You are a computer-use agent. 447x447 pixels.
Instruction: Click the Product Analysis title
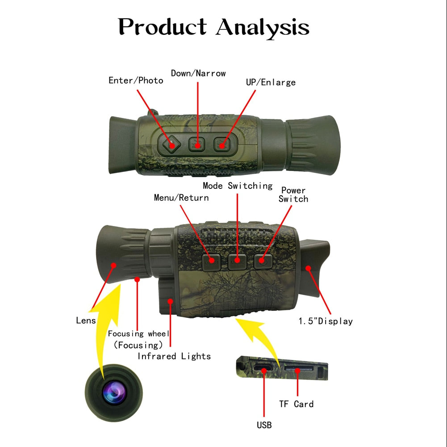pyautogui.click(x=214, y=27)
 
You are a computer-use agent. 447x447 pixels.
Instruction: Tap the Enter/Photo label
pyautogui.click(x=136, y=80)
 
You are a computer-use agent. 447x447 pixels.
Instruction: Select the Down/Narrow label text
pyautogui.click(x=198, y=73)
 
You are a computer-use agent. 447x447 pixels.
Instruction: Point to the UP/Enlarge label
pyautogui.click(x=271, y=82)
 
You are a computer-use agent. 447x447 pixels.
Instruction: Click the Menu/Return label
pyautogui.click(x=181, y=197)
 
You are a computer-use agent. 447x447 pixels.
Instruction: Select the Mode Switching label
pyautogui.click(x=238, y=185)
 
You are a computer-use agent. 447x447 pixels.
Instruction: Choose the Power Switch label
pyautogui.click(x=293, y=195)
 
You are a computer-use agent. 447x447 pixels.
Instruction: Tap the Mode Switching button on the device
pyautogui.click(x=237, y=260)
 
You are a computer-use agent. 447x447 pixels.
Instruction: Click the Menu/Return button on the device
pyautogui.click(x=211, y=261)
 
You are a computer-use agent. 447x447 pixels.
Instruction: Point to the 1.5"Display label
pyautogui.click(x=326, y=321)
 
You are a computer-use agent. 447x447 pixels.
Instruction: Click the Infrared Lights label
pyautogui.click(x=174, y=356)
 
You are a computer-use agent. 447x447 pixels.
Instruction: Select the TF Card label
pyautogui.click(x=297, y=404)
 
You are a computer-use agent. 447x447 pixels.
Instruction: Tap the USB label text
pyautogui.click(x=264, y=425)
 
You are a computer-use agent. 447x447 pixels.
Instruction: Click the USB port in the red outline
pyautogui.click(x=263, y=370)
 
